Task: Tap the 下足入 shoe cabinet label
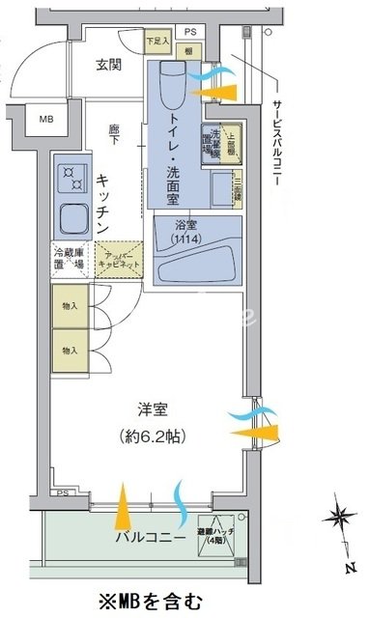coord(157,42)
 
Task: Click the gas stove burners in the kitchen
coord(73,174)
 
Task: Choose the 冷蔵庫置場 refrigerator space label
coord(71,260)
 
